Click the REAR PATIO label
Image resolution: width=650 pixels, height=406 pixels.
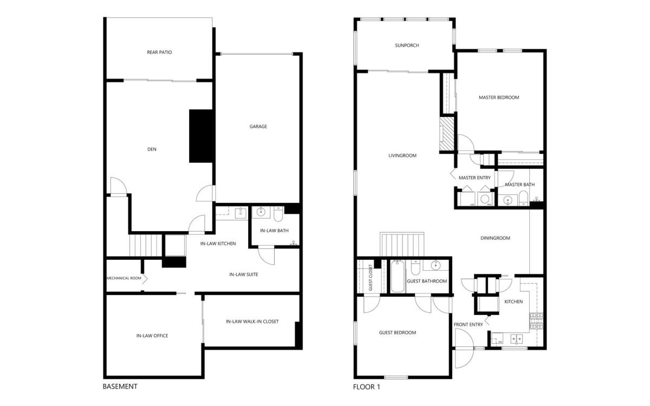tap(159, 52)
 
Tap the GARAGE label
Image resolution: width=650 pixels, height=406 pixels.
tap(258, 127)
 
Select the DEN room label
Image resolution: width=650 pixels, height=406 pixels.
tap(152, 149)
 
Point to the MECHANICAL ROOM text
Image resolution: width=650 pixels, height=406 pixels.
tap(124, 278)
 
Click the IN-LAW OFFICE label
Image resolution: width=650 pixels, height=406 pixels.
tap(152, 336)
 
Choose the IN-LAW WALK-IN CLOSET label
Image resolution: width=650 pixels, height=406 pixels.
tap(252, 322)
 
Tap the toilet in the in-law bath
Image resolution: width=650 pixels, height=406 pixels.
tap(278, 213)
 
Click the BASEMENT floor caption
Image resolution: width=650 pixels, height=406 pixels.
tap(120, 387)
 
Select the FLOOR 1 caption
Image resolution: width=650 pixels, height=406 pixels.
tap(367, 387)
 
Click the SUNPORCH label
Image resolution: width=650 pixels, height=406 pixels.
tap(407, 45)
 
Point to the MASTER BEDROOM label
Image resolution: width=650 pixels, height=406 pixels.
tap(499, 97)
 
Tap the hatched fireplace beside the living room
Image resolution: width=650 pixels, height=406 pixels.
tap(447, 134)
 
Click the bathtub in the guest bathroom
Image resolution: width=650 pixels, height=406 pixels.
tap(396, 277)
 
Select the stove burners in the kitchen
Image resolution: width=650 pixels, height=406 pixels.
tap(536, 321)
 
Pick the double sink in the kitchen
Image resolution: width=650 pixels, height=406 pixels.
tap(517, 339)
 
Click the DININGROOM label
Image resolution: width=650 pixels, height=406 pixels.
tap(495, 238)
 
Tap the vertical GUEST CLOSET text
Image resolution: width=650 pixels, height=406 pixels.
tap(370, 278)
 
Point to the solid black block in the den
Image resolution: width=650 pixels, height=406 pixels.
tap(201, 136)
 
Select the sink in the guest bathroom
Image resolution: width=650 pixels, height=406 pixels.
tap(435, 265)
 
